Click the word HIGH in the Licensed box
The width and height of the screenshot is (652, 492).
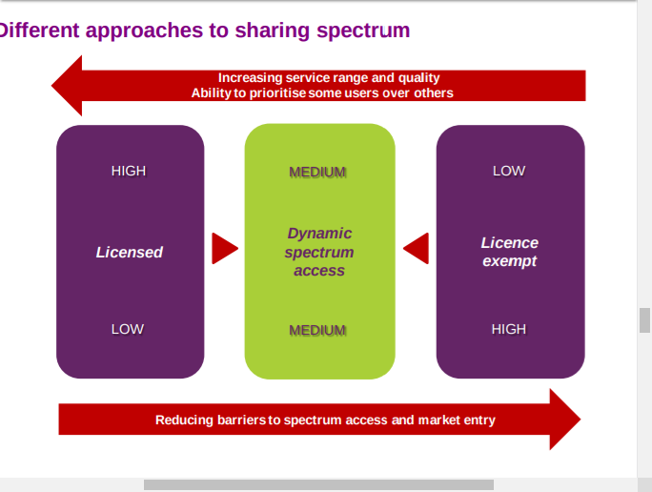pos(129,171)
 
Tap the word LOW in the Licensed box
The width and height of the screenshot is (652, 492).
pos(127,329)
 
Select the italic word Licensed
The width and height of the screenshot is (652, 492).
pos(130,252)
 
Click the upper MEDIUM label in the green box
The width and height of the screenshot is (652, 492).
pos(317,172)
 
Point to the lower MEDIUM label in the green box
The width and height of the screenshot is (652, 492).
pos(317,330)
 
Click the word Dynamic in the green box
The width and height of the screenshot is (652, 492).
pos(319,234)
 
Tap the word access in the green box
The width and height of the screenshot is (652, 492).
pos(319,271)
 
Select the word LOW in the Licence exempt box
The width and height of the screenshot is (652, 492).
pos(509,171)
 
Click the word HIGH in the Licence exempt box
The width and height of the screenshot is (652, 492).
pos(509,329)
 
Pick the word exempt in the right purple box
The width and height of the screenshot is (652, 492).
pos(509,261)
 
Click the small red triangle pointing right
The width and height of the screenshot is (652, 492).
pos(225,248)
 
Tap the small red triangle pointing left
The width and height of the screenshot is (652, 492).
pos(416,248)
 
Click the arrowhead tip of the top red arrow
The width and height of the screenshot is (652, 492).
pos(52,86)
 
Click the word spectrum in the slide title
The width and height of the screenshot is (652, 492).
pos(363,31)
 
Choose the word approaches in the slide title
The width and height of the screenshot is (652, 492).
pos(144,31)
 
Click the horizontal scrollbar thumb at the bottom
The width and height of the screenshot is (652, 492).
pos(318,484)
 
